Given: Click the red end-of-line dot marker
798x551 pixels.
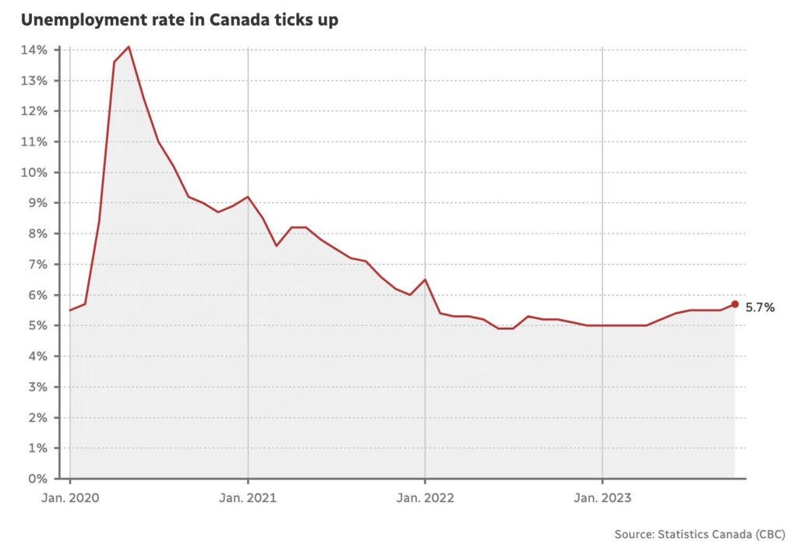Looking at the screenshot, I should tap(735, 304).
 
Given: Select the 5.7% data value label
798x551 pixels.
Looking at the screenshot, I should tap(760, 307).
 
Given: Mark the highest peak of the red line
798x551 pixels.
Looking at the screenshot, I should tap(129, 47).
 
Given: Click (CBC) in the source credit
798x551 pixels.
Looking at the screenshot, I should tap(770, 534).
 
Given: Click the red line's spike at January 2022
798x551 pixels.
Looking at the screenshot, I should tap(425, 279).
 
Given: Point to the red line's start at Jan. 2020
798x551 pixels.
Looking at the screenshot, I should tap(70, 311).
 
